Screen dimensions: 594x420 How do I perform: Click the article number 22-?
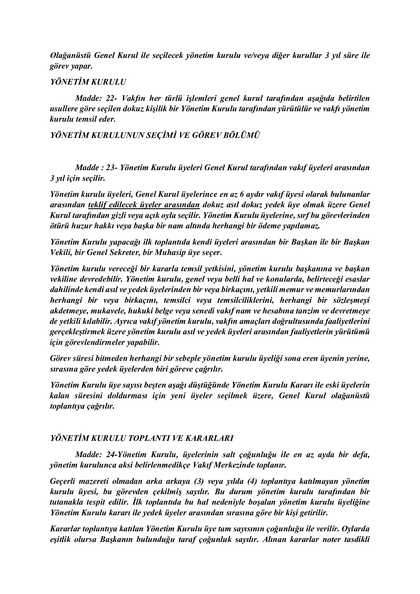pyautogui.click(x=112, y=98)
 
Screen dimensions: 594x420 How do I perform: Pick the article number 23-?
pyautogui.click(x=112, y=168)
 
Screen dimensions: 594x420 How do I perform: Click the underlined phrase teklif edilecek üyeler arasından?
pyautogui.click(x=144, y=205)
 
